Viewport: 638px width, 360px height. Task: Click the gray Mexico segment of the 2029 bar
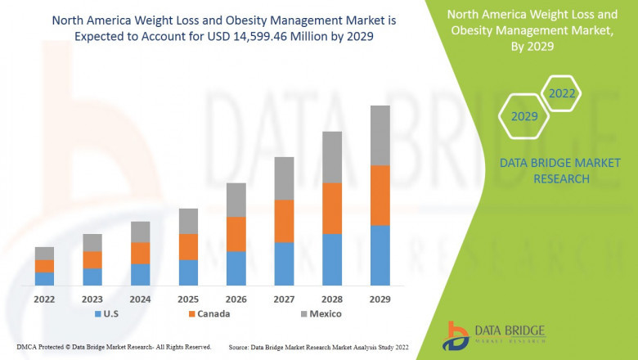tap(380, 135)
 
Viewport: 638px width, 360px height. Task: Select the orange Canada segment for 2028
tap(332, 208)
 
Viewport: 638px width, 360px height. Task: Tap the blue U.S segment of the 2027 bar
tap(284, 263)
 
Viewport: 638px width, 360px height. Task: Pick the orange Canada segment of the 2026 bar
tap(236, 234)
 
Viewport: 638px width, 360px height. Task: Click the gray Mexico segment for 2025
tap(188, 221)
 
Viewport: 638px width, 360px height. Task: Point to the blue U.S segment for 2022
tap(44, 278)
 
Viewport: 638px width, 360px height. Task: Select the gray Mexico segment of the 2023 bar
tap(92, 242)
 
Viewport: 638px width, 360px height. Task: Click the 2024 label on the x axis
tap(141, 299)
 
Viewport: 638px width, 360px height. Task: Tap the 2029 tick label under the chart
tap(380, 299)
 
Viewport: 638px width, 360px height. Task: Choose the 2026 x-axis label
tap(236, 299)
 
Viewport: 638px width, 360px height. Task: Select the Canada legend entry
tap(208, 313)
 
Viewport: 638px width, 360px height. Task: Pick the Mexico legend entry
tap(319, 313)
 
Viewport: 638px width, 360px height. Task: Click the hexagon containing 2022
tap(562, 93)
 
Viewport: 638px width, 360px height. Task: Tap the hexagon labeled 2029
tap(524, 116)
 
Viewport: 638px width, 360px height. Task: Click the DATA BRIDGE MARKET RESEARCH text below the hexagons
tap(544, 170)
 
